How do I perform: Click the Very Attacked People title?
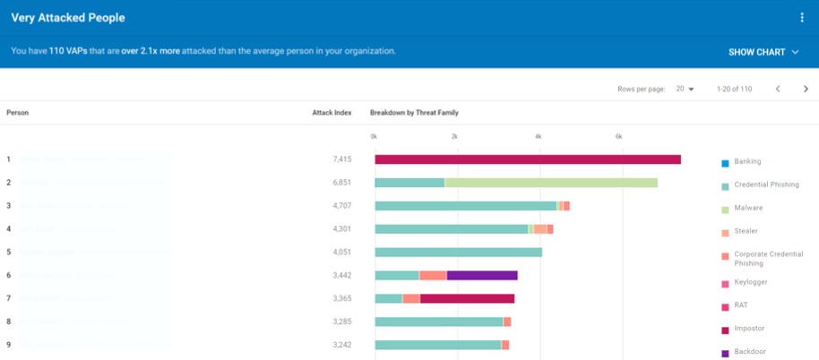[x=68, y=18]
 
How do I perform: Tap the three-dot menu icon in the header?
[x=801, y=18]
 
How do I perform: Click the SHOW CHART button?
[x=763, y=52]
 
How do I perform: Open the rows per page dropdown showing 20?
[x=685, y=89]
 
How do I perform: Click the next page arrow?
[x=805, y=89]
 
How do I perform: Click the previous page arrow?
[x=777, y=89]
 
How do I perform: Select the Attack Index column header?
[x=331, y=113]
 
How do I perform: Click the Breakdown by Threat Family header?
[x=414, y=113]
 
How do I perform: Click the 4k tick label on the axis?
[x=538, y=136]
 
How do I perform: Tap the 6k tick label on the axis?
[x=618, y=136]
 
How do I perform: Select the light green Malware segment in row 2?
[x=550, y=183]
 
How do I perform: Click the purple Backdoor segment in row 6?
[x=481, y=276]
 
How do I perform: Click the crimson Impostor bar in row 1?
[x=527, y=159]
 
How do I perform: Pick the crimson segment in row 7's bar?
[x=466, y=299]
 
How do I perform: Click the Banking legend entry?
[x=747, y=162]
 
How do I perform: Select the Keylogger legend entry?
[x=750, y=282]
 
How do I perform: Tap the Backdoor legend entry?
[x=750, y=352]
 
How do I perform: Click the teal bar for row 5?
[x=458, y=253]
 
